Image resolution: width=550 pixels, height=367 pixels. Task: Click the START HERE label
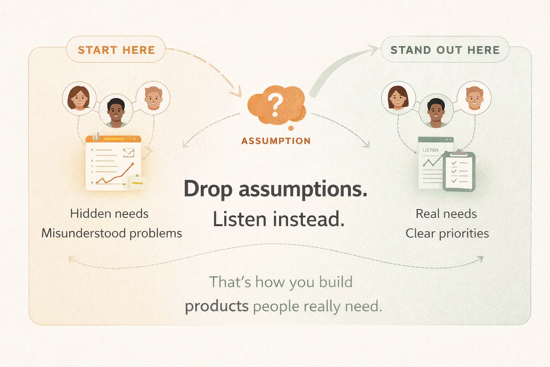click(116, 50)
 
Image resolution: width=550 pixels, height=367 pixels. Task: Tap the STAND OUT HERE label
click(445, 50)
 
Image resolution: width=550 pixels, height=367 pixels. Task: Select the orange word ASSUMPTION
click(276, 141)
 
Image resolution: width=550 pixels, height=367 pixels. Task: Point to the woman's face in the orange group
click(79, 99)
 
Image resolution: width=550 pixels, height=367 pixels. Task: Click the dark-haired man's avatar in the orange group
click(116, 111)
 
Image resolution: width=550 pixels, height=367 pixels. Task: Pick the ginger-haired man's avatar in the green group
click(474, 98)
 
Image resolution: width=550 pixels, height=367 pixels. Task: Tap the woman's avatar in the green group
click(398, 98)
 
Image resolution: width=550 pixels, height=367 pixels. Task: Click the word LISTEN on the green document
click(430, 150)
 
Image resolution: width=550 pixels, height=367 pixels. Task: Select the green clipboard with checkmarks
click(459, 171)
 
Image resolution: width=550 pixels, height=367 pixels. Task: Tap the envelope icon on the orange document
click(129, 153)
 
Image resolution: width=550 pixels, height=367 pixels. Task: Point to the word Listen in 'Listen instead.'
click(240, 219)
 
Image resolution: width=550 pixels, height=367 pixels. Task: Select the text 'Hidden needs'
click(109, 213)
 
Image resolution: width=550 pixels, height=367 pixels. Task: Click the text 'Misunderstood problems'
click(112, 233)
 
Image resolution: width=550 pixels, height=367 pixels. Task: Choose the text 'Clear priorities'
click(447, 233)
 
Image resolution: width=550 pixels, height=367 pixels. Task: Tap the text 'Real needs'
click(446, 214)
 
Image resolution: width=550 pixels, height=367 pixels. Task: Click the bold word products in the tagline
click(216, 306)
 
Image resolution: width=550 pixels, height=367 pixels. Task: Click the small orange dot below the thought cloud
click(291, 128)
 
